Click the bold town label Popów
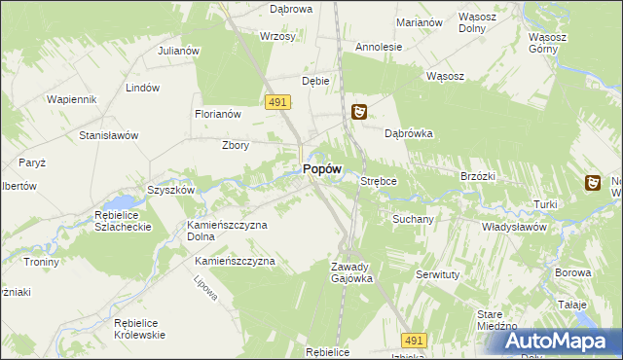click(321, 168)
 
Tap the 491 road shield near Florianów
click(275, 102)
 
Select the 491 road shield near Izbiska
click(414, 340)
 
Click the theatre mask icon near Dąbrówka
click(359, 113)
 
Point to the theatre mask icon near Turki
click(593, 182)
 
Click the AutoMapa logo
click(558, 341)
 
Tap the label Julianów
click(178, 51)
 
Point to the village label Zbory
click(236, 146)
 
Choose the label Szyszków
click(170, 190)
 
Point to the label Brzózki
click(478, 176)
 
